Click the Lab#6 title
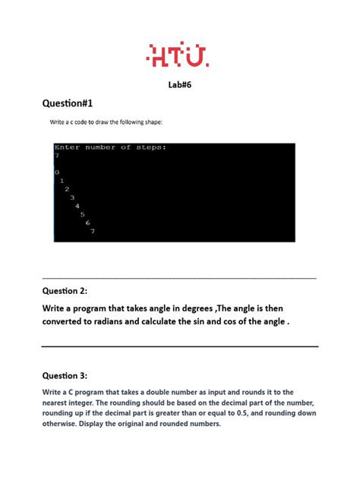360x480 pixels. click(x=179, y=86)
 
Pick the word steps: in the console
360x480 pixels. click(x=151, y=147)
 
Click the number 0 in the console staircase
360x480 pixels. click(x=57, y=173)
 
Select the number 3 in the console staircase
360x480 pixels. click(x=72, y=197)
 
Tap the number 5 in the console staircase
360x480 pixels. click(x=82, y=214)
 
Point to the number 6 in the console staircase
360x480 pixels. click(x=87, y=223)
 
